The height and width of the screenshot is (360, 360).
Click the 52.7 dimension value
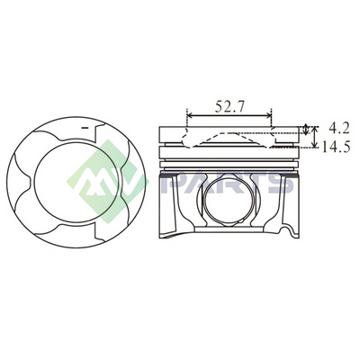(229, 106)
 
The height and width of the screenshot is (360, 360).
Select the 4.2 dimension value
(339, 129)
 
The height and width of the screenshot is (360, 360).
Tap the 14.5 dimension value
(336, 147)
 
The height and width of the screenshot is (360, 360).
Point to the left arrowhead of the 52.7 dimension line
(190, 115)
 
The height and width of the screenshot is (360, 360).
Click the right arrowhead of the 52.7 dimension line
(268, 115)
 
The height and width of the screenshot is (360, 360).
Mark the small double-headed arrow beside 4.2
(306, 130)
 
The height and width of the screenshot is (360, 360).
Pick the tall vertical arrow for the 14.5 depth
(314, 137)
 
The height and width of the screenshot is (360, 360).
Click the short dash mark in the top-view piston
(85, 128)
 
